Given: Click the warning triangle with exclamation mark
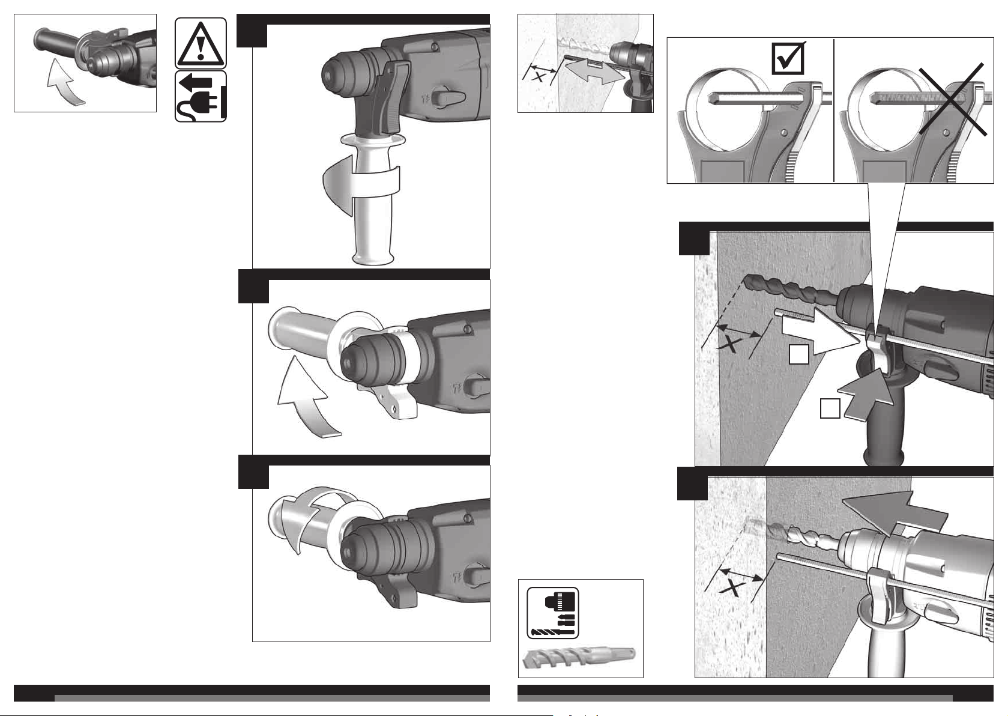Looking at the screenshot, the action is point(201,43).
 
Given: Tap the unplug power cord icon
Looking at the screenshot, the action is point(201,96).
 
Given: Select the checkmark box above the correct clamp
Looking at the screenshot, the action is point(788,58).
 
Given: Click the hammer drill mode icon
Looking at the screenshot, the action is point(552,613).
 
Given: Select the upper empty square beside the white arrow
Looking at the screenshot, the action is point(798,354).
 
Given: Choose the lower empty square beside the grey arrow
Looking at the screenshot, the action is point(830,408).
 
